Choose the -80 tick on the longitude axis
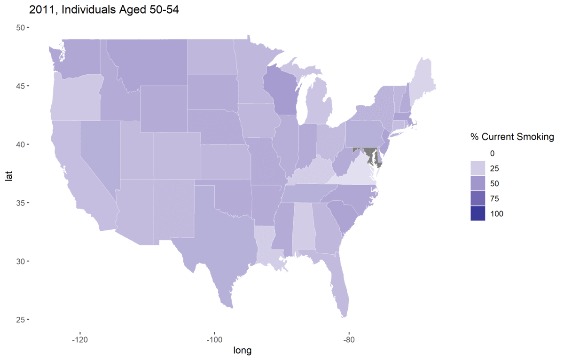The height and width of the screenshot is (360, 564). point(349,338)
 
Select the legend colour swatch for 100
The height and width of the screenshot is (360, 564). point(478,213)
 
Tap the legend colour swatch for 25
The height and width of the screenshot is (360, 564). point(478,168)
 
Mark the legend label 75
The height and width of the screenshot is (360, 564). point(494,198)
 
